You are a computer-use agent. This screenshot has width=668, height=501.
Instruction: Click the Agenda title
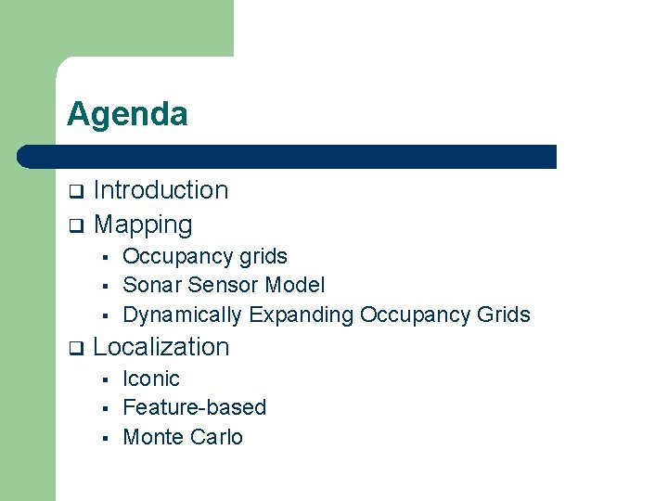(x=127, y=114)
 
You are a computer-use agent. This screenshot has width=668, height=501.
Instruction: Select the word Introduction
(x=161, y=190)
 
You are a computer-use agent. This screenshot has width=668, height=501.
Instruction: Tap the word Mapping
(x=143, y=225)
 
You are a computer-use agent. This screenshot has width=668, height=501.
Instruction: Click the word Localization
(x=161, y=347)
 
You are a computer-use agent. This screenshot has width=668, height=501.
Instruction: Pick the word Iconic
(x=151, y=379)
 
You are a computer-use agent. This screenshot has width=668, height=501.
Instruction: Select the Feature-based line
(x=194, y=407)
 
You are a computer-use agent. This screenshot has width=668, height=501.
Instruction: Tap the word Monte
(x=150, y=437)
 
